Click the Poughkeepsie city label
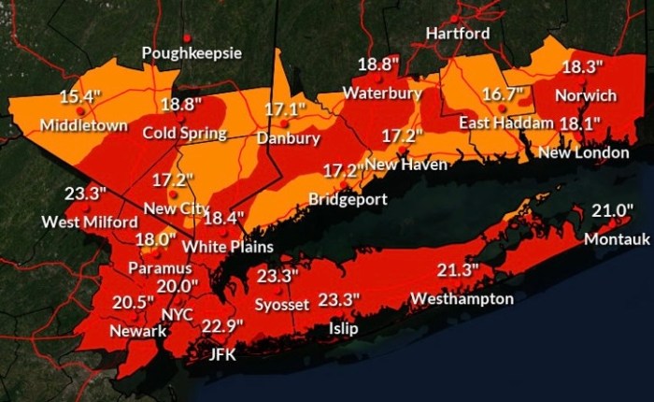[x=192, y=53]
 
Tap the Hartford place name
[x=458, y=34]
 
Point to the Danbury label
[x=289, y=138]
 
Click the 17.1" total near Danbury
[x=286, y=110]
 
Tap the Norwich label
[x=585, y=95]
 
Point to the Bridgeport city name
[x=348, y=200]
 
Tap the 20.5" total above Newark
[x=132, y=303]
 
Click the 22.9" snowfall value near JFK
[x=222, y=325]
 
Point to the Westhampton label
[x=462, y=299]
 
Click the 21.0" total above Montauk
[x=612, y=211]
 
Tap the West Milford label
[x=90, y=222]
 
